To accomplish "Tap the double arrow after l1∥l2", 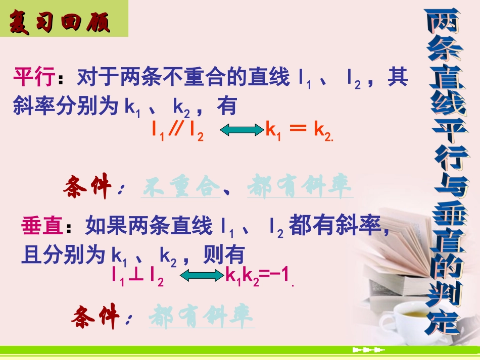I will pyautogui.click(x=239, y=131).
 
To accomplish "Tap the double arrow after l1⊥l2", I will pyautogui.click(x=202, y=276).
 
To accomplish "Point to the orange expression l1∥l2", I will pyautogui.click(x=177, y=131).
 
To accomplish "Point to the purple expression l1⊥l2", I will pyautogui.click(x=138, y=276).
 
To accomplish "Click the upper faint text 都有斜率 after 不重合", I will pyautogui.click(x=300, y=188).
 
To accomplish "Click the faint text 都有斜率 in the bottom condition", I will pyautogui.click(x=202, y=317).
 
